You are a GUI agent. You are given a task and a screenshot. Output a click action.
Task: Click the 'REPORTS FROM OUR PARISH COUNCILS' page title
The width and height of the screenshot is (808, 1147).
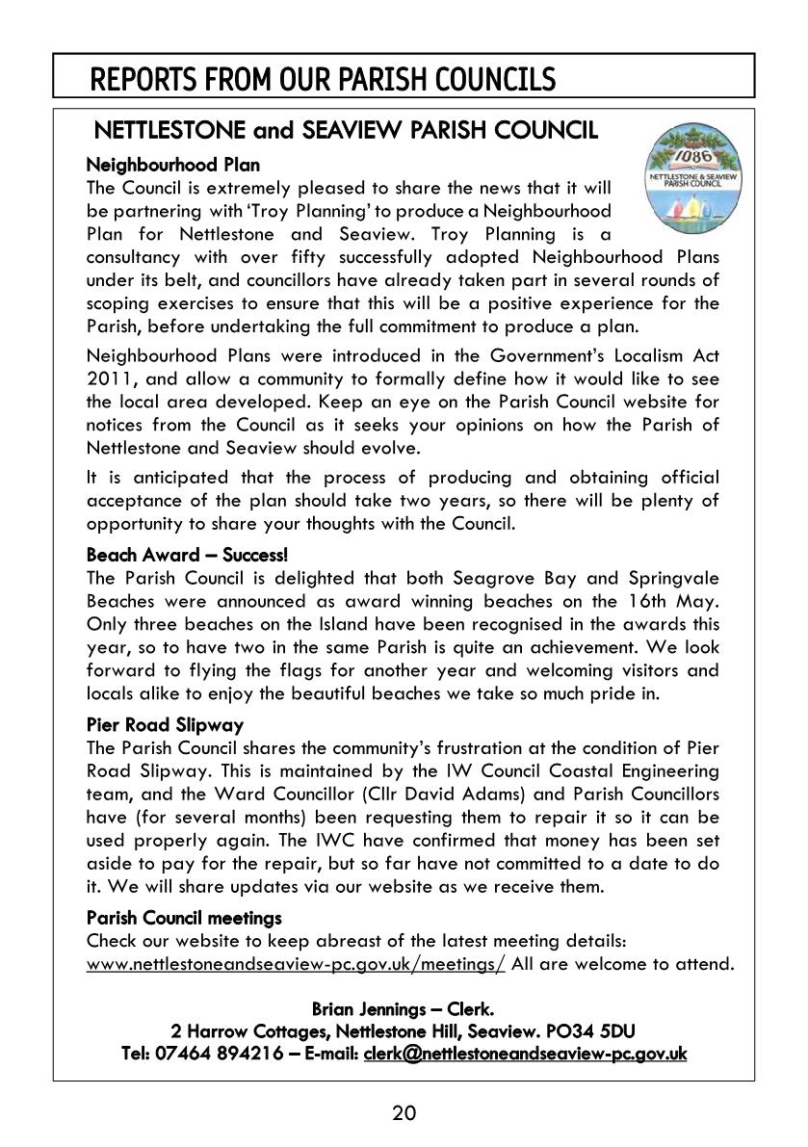pos(323,79)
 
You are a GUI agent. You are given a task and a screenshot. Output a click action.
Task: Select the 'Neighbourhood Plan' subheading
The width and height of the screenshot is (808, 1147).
pos(173,166)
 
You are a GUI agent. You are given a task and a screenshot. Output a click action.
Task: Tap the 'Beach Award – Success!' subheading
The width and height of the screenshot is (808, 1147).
pos(187,557)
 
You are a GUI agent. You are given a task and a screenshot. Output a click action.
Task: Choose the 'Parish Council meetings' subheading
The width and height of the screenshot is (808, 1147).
pos(184,918)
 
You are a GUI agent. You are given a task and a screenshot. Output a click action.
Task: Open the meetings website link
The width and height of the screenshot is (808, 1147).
pos(296,964)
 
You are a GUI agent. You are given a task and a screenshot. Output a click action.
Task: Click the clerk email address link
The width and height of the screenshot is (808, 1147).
pos(525,1055)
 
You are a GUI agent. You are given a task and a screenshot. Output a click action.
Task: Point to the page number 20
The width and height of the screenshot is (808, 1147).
pos(404,1114)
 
